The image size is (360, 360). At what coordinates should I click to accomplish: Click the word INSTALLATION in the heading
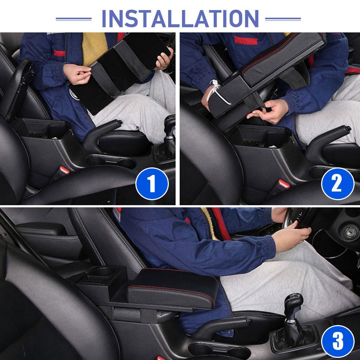click(x=180, y=19)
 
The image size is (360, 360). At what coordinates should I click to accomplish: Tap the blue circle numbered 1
click(x=152, y=184)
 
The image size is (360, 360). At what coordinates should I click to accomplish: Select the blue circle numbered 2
click(x=338, y=184)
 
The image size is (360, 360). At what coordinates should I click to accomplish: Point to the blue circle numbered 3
click(x=338, y=341)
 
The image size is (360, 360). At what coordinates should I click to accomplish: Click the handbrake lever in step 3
click(x=220, y=326)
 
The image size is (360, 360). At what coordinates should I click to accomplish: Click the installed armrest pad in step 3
click(x=172, y=288)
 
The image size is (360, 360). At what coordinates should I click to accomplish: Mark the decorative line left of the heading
click(x=74, y=19)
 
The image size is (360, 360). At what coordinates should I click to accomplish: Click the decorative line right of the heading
click(x=283, y=19)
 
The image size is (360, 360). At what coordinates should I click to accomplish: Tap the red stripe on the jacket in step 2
click(x=246, y=40)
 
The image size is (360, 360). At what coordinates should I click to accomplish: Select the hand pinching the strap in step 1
click(x=77, y=74)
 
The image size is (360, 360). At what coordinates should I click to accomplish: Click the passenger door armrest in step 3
click(x=41, y=229)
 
